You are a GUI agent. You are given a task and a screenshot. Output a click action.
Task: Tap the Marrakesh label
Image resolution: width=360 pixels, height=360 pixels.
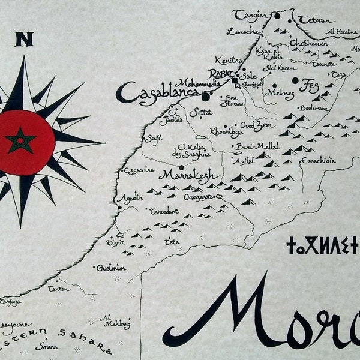pos(185,175)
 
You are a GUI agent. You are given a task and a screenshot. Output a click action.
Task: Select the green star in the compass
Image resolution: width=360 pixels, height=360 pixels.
pos(21,142)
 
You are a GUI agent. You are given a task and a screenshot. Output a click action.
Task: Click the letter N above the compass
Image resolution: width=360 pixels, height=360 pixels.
pos(24,40)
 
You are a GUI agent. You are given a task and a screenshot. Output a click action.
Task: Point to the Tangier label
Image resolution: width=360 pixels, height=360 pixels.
pos(250,14)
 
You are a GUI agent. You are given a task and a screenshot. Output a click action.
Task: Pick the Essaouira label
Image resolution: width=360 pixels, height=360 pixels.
pos(139,170)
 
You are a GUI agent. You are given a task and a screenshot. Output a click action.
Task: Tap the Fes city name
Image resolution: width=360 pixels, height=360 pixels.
pos(310,83)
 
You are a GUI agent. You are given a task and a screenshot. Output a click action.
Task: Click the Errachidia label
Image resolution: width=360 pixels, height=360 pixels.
pos(318,160)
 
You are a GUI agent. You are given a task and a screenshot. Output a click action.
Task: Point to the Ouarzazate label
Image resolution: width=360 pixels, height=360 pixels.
pos(200,196)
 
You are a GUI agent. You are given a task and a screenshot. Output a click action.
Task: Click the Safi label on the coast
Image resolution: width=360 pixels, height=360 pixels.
pos(154,138)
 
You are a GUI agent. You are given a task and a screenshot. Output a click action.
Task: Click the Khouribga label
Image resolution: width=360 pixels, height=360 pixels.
pos(226,130)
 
